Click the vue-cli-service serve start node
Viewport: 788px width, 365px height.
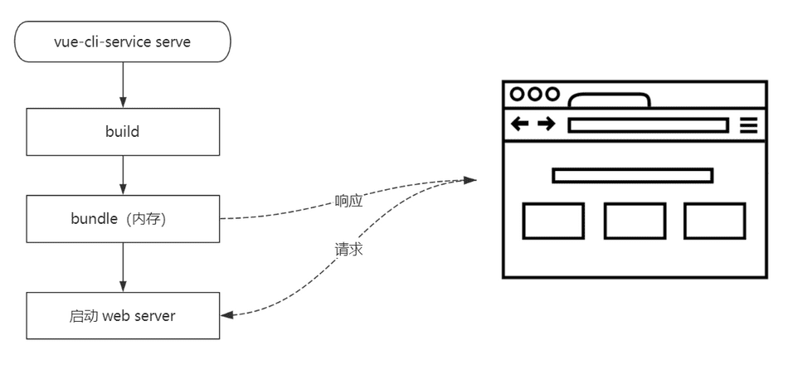pos(123,41)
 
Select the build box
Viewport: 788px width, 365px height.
pos(123,131)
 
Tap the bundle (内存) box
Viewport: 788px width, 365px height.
pos(123,218)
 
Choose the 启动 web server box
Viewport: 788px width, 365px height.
pos(123,315)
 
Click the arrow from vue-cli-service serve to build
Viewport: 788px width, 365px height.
pos(123,85)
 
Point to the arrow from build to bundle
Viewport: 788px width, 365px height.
pos(123,174)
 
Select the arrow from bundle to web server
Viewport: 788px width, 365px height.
pos(123,266)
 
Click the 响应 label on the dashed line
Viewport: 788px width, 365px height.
pos(348,201)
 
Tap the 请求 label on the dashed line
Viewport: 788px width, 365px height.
pos(348,249)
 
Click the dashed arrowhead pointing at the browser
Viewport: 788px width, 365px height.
pos(471,179)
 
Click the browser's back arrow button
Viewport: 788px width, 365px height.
pos(519,124)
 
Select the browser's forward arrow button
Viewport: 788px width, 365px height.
pos(546,124)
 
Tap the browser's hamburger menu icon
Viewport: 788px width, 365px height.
pos(748,125)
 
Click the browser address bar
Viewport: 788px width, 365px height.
pos(647,125)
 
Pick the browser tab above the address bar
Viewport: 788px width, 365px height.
pos(609,101)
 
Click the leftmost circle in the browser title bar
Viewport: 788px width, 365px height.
pos(518,95)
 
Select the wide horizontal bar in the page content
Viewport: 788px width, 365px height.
pos(632,175)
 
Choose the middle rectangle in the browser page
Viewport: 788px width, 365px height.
pos(635,221)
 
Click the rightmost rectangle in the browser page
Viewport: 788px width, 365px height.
pos(714,221)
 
